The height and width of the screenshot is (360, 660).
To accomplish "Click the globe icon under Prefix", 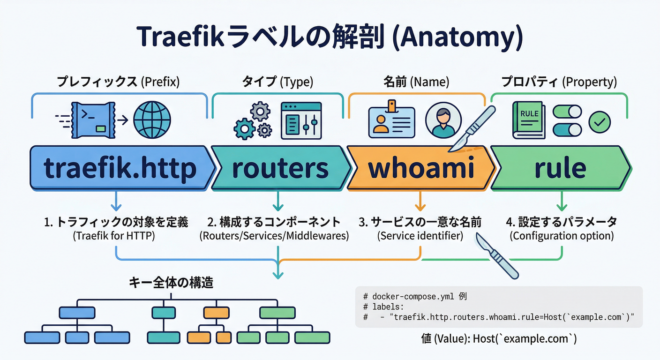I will coord(152,120).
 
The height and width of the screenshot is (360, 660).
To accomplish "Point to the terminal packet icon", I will coord(92,120).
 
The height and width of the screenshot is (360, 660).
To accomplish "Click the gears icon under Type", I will coord(253,121).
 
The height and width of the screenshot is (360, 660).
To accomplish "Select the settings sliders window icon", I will coord(301,121).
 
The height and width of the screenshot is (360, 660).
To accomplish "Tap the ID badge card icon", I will coord(392,121).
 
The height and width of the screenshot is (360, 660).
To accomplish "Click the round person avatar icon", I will coord(443,120).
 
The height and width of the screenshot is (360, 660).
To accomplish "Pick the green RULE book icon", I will coord(529,120).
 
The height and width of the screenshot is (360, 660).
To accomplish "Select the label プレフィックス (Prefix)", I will coord(118,82).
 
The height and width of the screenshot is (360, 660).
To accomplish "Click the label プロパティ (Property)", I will coord(559,82).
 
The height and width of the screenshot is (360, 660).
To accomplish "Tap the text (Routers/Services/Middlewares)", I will coord(274,236).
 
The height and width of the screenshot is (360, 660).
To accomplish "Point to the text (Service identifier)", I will coord(420,236).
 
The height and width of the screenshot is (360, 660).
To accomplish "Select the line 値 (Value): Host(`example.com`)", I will coord(499,338).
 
